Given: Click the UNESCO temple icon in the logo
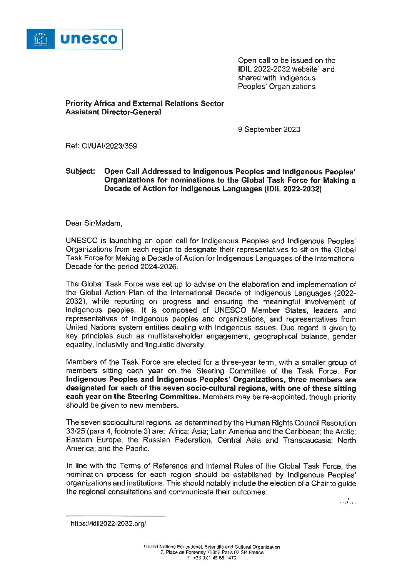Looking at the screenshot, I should (x=40, y=39).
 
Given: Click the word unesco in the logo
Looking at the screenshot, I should (x=89, y=39).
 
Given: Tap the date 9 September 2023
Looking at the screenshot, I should (x=269, y=129).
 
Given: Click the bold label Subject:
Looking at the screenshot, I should (x=80, y=171).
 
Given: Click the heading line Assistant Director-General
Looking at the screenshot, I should (x=113, y=112).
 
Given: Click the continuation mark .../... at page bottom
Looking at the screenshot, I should (x=348, y=501).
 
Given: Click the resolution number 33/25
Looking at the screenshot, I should (x=75, y=432).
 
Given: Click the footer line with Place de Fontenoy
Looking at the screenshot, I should (x=212, y=552).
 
